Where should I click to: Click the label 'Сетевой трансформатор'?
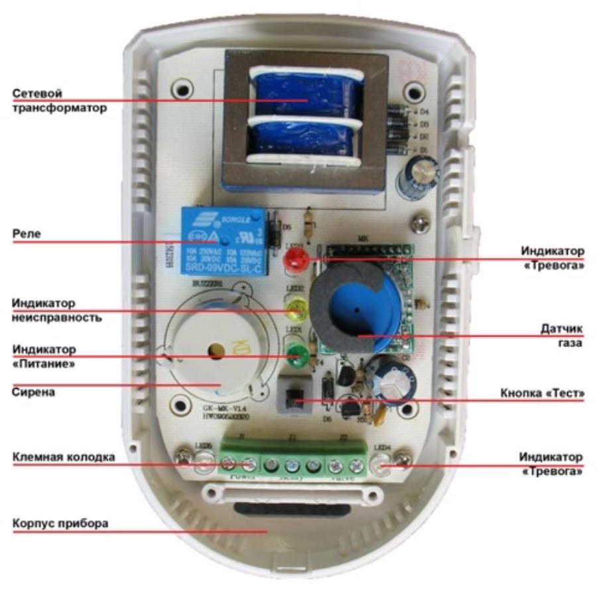click(x=59, y=101)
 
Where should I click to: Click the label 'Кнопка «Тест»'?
click(x=542, y=394)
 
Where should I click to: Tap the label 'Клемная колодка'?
click(x=64, y=457)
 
